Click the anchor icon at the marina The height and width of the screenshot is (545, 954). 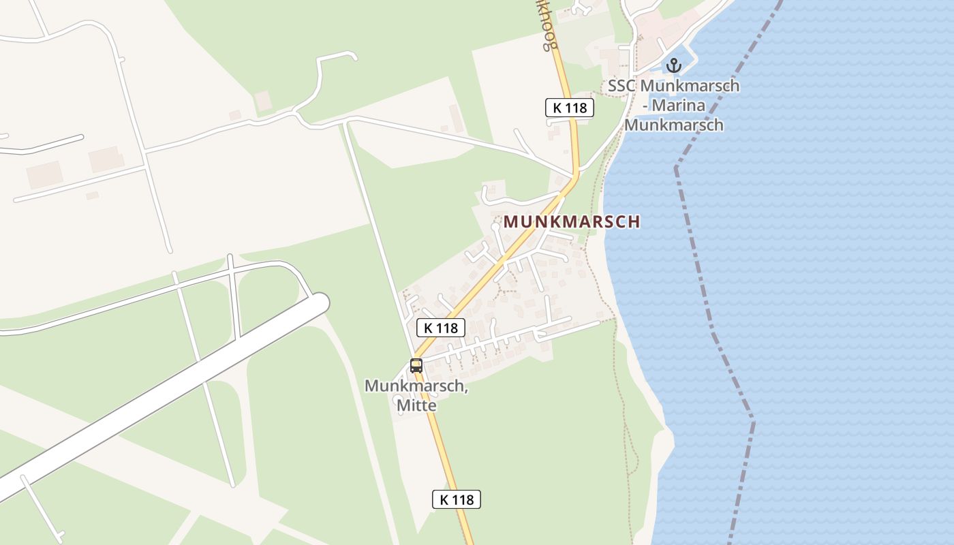coord(673,65)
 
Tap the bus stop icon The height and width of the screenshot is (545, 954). coord(416,365)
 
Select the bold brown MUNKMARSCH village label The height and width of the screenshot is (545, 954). coord(572,222)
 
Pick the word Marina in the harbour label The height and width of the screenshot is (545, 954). coord(682,106)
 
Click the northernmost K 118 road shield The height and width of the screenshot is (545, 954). coord(570,107)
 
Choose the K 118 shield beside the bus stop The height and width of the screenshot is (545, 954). coord(440,328)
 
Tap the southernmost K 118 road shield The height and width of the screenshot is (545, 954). coord(457,499)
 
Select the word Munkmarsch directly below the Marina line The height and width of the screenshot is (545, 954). coord(673,125)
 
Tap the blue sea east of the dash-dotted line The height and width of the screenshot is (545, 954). coord(852,272)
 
